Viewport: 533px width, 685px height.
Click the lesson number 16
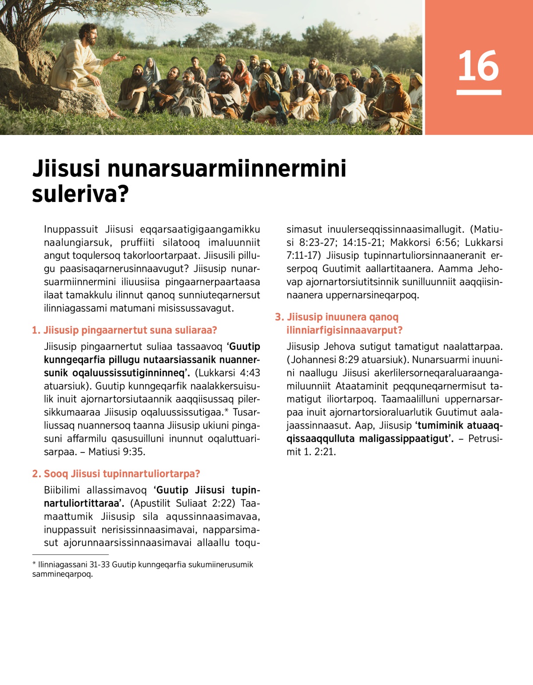(x=478, y=66)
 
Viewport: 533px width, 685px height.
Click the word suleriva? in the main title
(x=80, y=194)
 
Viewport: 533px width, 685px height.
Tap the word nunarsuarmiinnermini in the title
(x=227, y=169)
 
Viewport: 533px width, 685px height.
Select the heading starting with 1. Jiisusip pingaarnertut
(x=124, y=330)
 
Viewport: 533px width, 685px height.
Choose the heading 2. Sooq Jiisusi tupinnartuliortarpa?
(x=116, y=474)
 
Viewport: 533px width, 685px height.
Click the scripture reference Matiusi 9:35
(x=117, y=452)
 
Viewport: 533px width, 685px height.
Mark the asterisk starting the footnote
(x=34, y=564)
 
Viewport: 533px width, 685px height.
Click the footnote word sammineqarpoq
(x=62, y=574)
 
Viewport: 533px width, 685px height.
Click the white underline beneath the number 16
(x=478, y=92)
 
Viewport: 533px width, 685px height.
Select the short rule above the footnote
(x=70, y=554)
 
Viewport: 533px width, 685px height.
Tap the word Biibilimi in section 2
(x=62, y=490)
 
